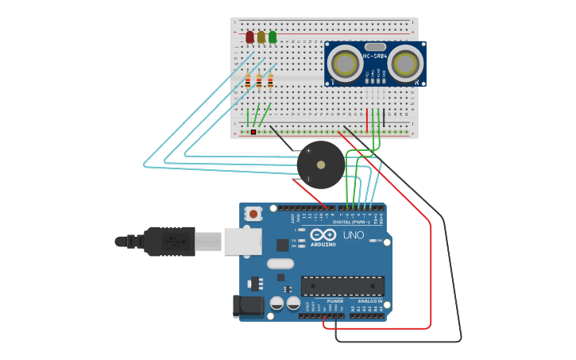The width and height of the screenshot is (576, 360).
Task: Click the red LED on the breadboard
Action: [249, 37]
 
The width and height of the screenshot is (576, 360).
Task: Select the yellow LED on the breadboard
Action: [261, 37]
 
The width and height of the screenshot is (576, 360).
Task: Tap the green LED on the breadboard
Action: [273, 37]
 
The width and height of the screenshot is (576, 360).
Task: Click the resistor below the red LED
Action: [248, 81]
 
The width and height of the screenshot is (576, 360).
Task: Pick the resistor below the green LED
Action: [270, 81]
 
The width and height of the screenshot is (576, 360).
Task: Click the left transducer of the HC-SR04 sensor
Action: [346, 62]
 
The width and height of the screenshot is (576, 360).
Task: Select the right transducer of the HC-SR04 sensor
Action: [406, 62]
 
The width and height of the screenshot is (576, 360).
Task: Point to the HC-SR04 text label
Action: [375, 56]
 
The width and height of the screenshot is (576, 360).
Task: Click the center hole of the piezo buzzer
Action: [321, 165]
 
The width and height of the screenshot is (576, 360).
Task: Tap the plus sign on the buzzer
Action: [308, 150]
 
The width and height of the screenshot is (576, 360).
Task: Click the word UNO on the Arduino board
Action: [353, 235]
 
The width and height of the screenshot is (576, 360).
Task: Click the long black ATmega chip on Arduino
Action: [342, 286]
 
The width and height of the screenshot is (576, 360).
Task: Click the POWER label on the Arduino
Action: [335, 301]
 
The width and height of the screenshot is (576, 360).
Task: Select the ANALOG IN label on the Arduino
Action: [369, 301]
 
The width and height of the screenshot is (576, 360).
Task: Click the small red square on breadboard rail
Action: [253, 132]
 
